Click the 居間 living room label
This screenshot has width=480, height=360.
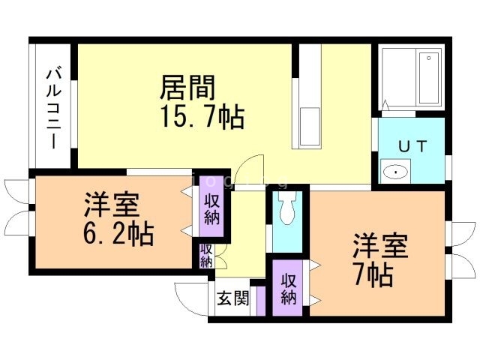[187, 88]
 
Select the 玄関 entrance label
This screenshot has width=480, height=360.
[233, 298]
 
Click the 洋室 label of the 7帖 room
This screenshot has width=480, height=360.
[380, 246]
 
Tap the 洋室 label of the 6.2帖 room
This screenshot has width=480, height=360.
[109, 204]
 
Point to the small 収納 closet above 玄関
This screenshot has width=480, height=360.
[206, 256]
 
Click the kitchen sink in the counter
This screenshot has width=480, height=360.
[309, 127]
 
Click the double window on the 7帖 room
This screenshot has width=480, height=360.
[458, 247]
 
